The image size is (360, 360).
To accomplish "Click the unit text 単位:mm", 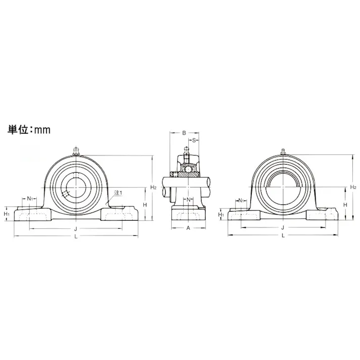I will coord(29,129).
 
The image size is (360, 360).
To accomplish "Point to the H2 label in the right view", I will coord(353,187).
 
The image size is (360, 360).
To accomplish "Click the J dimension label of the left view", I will coord(76,228).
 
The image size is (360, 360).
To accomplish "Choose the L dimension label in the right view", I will coord(283,235).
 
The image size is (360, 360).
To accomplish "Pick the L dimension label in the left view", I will coord(76,236).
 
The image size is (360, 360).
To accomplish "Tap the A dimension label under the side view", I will coord(188,228).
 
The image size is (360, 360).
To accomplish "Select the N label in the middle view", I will coord(189,200).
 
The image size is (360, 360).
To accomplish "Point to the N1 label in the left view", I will coord(30,198).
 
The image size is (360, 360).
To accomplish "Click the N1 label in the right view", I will coord(241,200).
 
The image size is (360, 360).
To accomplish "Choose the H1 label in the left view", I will coord(7,214).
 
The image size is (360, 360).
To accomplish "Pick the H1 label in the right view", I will coord(221,215).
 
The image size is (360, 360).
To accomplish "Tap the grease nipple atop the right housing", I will coord(283,150).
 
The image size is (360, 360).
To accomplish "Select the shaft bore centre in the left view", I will coord(76,187).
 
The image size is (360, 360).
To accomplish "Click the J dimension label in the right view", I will coord(283,228).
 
